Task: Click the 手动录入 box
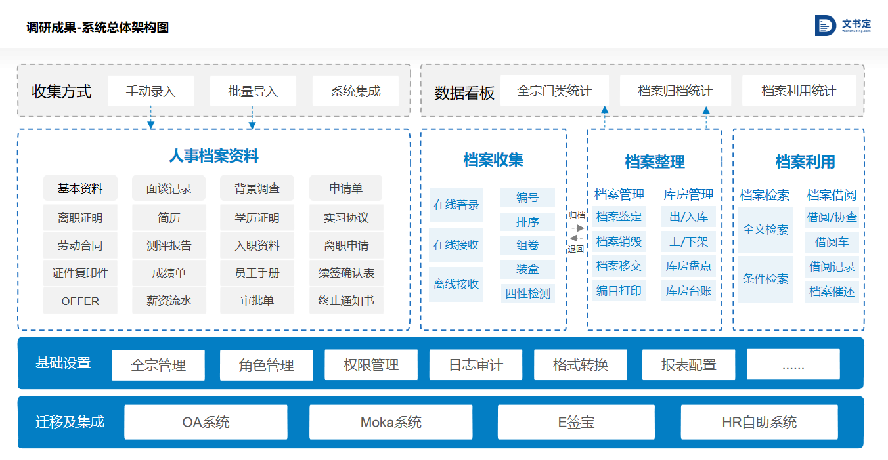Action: click(x=150, y=91)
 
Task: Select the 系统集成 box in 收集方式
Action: click(x=355, y=91)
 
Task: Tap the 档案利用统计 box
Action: click(x=799, y=91)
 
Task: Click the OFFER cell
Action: click(x=81, y=301)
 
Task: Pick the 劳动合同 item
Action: click(x=81, y=245)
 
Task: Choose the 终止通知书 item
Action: click(x=346, y=301)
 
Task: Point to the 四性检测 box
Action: click(x=527, y=293)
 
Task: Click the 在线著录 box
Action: click(x=456, y=205)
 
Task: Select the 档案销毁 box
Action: click(x=619, y=241)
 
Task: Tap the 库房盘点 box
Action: click(x=688, y=266)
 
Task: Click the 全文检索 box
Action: click(x=765, y=230)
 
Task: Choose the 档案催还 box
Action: click(x=832, y=291)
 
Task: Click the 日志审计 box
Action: click(x=476, y=364)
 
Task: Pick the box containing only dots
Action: click(x=793, y=364)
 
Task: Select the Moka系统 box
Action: click(x=391, y=422)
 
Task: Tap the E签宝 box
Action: click(x=576, y=422)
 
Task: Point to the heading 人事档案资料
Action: click(x=213, y=156)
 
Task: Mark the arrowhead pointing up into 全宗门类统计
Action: click(x=604, y=110)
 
